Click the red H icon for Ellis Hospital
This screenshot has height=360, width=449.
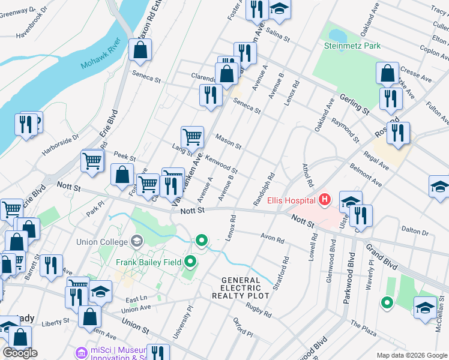coord(325,199)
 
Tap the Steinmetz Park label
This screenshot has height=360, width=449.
coord(352,45)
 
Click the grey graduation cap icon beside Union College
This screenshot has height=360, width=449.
coord(137,242)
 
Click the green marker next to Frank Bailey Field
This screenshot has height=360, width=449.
coord(191,262)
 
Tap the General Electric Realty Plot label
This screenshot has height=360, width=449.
coord(241,288)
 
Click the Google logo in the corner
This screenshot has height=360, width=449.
coord(20,353)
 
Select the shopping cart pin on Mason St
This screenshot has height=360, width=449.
coord(192,137)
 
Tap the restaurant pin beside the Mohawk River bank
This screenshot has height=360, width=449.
coord(26,124)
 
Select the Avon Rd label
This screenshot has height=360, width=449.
coord(272,238)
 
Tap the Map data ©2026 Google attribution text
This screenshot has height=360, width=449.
coord(411,355)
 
